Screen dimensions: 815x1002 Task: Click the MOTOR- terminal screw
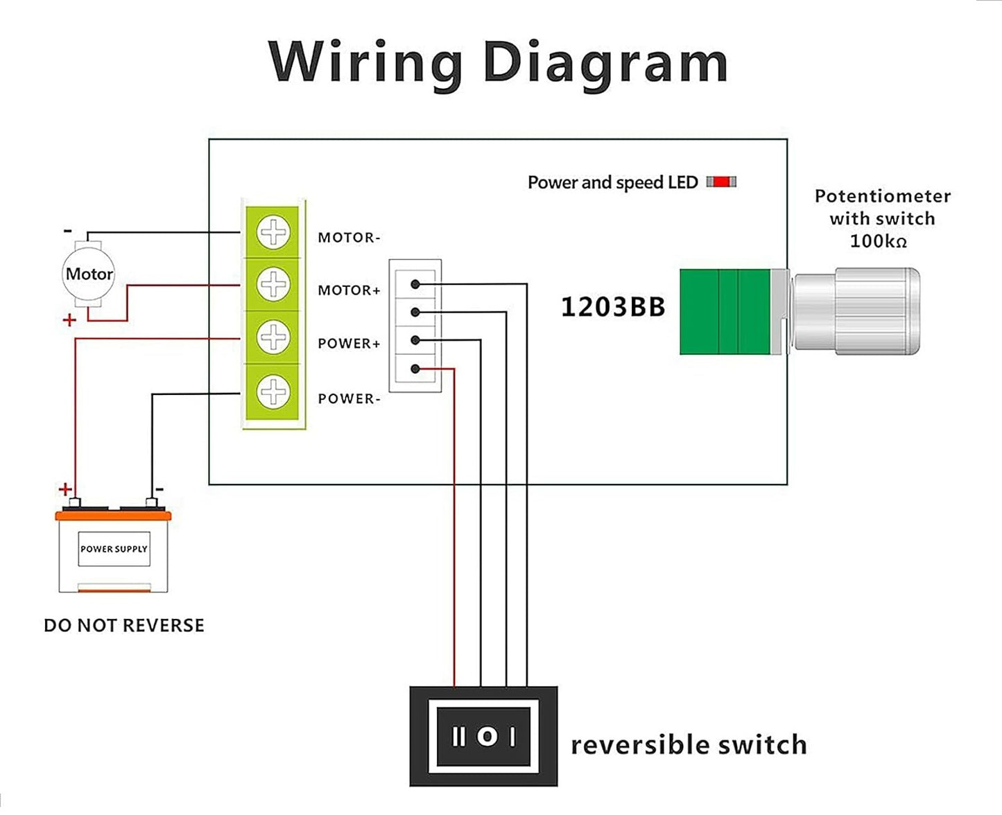[x=273, y=232]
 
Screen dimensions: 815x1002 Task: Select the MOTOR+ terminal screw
[x=273, y=284]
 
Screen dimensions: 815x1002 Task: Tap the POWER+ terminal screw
[x=273, y=338]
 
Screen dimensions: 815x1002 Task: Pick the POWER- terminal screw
[x=273, y=392]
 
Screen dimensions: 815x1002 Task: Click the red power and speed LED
[x=721, y=182]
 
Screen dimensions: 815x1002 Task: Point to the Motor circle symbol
[x=89, y=274]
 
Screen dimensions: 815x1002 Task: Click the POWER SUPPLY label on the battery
[x=114, y=549]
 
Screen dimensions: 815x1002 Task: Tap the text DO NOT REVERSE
[x=124, y=626]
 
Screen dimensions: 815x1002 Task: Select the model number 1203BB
[x=612, y=307]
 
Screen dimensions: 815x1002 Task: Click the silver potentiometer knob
[x=857, y=312]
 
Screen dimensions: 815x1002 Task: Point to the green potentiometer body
[x=725, y=312]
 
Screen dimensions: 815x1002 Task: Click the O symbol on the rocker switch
[x=487, y=736]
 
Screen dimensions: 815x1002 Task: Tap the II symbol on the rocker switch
[x=458, y=736]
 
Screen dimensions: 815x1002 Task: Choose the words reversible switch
[x=689, y=745]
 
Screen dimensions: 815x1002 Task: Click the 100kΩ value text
[x=878, y=242]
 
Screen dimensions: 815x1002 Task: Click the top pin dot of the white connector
[x=415, y=284]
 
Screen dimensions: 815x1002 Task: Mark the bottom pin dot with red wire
[x=415, y=369]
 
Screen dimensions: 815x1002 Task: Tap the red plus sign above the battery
[x=65, y=489]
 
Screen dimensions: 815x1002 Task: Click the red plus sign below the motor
[x=69, y=320]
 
